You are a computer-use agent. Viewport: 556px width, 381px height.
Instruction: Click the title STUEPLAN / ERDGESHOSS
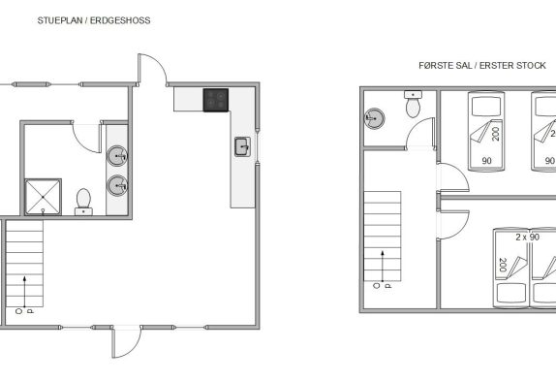94,20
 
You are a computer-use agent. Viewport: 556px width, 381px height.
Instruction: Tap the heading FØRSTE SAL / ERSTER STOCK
482,66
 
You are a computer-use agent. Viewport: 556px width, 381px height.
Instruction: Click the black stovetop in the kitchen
216,100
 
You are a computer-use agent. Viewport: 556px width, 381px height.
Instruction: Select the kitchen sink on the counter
242,146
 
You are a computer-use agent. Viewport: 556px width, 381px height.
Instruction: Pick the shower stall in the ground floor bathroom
43,197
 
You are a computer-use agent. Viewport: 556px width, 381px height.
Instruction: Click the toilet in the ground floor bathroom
83,202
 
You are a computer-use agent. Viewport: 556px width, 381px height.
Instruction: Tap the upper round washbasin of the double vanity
117,156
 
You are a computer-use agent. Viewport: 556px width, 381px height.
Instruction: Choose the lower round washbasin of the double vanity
117,185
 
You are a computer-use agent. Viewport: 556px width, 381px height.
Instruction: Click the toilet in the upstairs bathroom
413,104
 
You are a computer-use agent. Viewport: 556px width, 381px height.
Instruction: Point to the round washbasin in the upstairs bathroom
375,118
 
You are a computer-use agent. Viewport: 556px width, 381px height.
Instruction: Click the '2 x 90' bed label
528,237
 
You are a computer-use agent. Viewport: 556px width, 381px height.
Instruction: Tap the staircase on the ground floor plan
24,264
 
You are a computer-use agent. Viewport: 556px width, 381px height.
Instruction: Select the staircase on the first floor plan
383,237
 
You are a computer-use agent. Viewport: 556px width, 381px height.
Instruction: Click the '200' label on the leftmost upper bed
496,134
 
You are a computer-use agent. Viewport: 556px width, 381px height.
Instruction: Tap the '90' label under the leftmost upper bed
487,161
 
